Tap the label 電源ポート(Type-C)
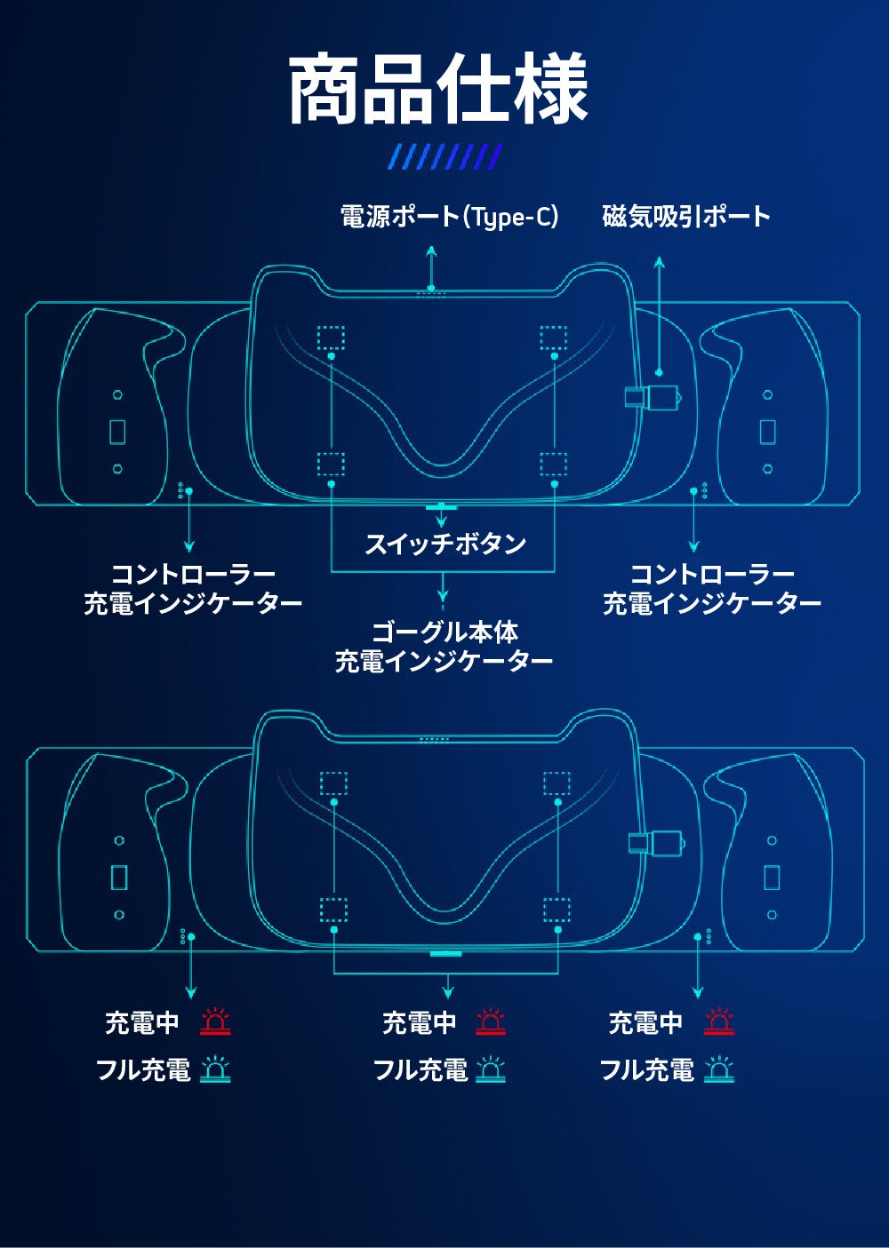click(x=449, y=216)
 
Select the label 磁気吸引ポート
click(x=686, y=216)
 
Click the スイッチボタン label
click(x=445, y=544)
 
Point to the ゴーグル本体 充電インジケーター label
click(x=444, y=647)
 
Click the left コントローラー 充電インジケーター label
click(x=193, y=589)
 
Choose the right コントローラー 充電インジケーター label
click(x=712, y=589)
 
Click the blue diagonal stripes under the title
click(x=446, y=157)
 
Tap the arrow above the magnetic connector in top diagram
click(x=659, y=311)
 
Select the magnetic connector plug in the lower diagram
click(x=656, y=842)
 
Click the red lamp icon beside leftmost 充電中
click(x=215, y=1022)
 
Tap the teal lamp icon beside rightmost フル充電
click(x=719, y=1069)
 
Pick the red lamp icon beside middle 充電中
click(x=491, y=1022)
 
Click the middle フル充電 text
click(x=420, y=1069)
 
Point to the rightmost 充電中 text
click(x=646, y=1023)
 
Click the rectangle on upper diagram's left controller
click(x=117, y=432)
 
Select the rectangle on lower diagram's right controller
click(x=772, y=877)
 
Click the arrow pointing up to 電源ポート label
click(x=431, y=265)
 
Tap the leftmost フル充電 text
click(x=143, y=1069)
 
